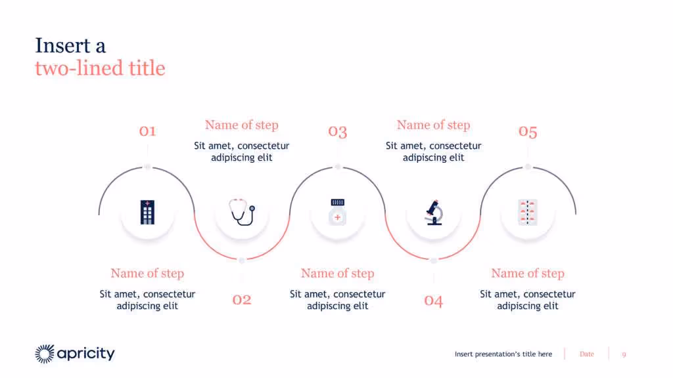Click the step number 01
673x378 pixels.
coord(147,131)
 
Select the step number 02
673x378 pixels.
coord(242,300)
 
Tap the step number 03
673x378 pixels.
coord(337,131)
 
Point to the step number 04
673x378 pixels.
coord(433,301)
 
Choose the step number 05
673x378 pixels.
coord(528,132)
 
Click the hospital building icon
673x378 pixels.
coord(147,213)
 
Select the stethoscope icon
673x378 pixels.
coord(241,212)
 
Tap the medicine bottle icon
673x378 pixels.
coord(337,212)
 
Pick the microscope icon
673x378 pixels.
coord(433,212)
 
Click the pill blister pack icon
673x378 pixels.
coord(528,212)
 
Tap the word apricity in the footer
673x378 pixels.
coord(86,354)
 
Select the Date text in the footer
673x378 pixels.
coord(587,354)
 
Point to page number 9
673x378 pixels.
coord(624,354)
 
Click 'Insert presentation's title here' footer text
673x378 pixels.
coord(503,354)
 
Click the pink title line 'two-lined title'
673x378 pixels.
coord(100,68)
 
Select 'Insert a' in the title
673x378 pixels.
coord(70,46)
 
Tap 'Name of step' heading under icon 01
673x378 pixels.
coord(147,273)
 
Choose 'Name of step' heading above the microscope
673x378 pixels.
coord(433,125)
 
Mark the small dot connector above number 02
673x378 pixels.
coord(242,261)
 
